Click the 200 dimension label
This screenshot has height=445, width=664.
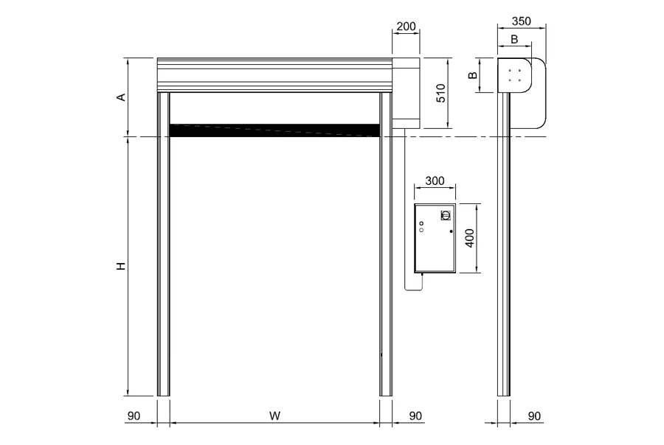[x=406, y=27]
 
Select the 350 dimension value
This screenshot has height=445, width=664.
[x=522, y=21]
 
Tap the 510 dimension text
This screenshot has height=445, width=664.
[x=441, y=93]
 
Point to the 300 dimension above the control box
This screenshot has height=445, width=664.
[x=435, y=181]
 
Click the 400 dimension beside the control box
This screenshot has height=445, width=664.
[x=470, y=238]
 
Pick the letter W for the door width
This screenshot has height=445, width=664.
[x=275, y=416]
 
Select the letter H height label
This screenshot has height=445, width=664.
[x=122, y=266]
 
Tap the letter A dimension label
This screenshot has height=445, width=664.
[x=122, y=97]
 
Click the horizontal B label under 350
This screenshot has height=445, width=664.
[x=514, y=39]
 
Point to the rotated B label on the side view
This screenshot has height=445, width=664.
[x=473, y=75]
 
